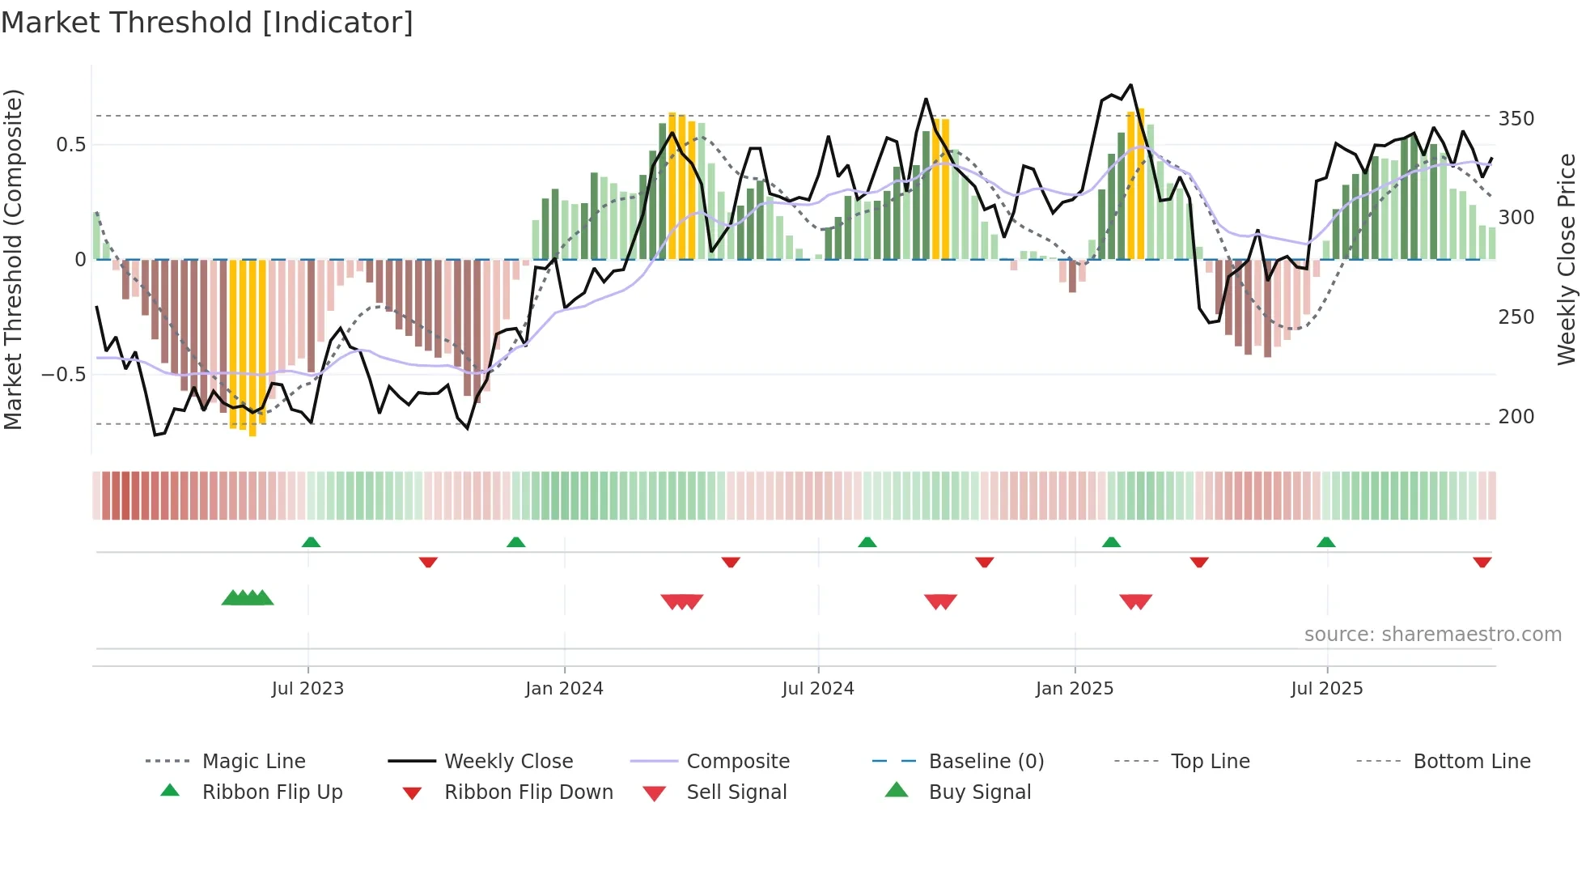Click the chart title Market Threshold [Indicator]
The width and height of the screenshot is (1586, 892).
click(x=207, y=23)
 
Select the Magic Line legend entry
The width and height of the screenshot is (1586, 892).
click(x=253, y=761)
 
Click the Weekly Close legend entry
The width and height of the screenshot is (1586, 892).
click(x=508, y=761)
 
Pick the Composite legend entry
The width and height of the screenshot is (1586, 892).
click(x=737, y=761)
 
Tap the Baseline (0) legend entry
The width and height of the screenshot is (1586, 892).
click(x=986, y=761)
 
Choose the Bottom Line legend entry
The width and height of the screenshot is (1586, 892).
click(x=1471, y=761)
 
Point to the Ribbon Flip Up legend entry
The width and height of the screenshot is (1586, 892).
click(x=272, y=792)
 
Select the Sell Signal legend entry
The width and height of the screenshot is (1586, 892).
click(x=736, y=792)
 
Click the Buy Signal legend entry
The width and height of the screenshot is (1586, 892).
click(x=979, y=792)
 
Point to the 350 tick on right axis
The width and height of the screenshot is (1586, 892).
click(x=1516, y=119)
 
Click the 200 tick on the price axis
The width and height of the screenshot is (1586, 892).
click(x=1516, y=417)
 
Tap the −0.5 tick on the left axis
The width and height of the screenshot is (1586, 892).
click(x=63, y=375)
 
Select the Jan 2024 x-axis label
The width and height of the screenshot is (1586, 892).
click(x=564, y=688)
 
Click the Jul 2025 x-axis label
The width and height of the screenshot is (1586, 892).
click(x=1326, y=688)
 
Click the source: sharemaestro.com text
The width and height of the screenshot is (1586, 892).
click(x=1432, y=635)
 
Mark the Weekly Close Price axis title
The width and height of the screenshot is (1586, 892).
click(x=1567, y=259)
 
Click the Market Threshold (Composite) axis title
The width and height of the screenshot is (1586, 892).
click(x=13, y=259)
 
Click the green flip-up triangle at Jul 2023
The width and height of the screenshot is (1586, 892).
click(x=311, y=542)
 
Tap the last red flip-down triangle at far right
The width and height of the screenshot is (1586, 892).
click(x=1482, y=562)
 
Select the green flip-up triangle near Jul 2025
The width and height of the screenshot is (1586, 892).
click(x=1325, y=542)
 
